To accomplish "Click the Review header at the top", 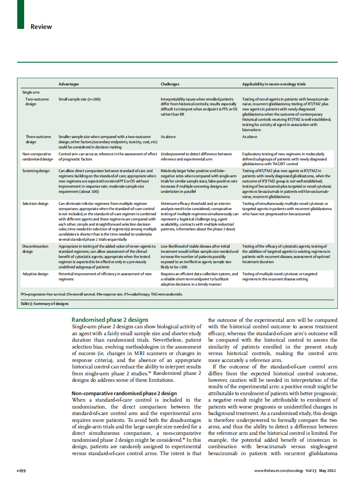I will (x=41, y=27).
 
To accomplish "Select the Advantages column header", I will (x=69, y=84).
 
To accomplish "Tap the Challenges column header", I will (x=170, y=84).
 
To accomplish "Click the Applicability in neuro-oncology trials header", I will (x=274, y=84).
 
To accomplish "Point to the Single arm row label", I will (x=31, y=92).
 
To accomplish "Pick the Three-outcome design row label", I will (x=38, y=139).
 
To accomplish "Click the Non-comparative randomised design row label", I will (x=37, y=156).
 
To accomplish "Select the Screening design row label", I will (x=36, y=171).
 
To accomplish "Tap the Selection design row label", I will (x=35, y=204).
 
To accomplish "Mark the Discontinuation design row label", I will (x=35, y=248).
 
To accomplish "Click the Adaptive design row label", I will (x=35, y=274).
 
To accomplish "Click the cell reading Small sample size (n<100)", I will (x=79, y=99).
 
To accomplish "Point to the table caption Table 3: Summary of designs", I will (x=44, y=304).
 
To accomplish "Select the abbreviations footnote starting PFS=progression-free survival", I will (x=101, y=294).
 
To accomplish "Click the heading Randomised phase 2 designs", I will (x=110, y=320).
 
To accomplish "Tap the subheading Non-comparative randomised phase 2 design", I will (x=124, y=393).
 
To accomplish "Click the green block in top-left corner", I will (x=21, y=15).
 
